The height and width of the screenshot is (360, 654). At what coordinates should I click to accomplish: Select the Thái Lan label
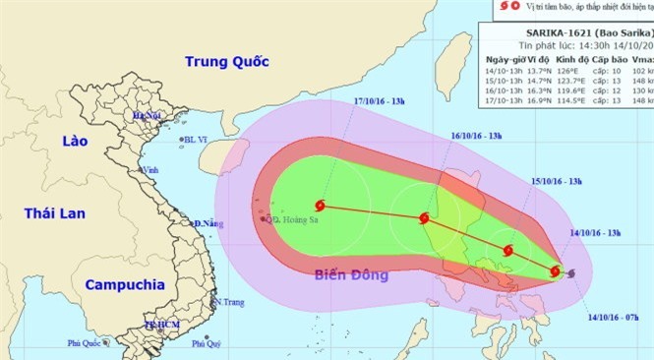[56, 212]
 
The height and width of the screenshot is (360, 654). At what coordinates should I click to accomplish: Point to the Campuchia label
[124, 284]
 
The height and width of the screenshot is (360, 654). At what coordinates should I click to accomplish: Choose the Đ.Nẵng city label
[210, 224]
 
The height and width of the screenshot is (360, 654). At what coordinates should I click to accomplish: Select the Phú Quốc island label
[86, 342]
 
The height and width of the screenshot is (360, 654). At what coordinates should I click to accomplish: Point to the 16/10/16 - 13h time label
[477, 136]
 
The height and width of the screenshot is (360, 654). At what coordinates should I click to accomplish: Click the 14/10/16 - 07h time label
[615, 318]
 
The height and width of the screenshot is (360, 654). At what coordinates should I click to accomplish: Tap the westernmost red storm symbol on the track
[320, 206]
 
